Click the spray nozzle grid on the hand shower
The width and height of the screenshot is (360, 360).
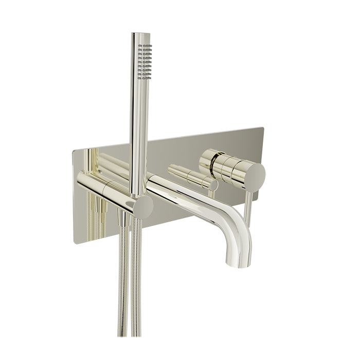pos(146,61)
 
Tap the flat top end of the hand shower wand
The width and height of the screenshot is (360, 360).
pos(140,34)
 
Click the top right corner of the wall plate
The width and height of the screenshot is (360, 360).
pos(263,128)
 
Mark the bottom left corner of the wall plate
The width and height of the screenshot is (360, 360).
pos(75,242)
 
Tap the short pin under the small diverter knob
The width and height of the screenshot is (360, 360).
pos(211,194)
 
